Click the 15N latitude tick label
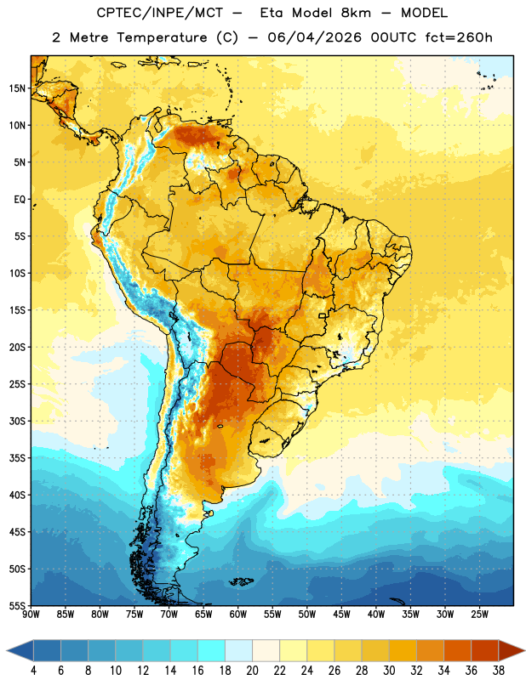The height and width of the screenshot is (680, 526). point(17,88)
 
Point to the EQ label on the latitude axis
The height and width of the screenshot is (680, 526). point(20,200)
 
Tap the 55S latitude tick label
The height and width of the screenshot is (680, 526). point(17,605)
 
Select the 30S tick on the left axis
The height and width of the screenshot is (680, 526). point(17,421)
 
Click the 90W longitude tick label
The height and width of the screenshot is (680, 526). point(31,615)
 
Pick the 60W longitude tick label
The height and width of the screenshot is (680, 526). point(238,615)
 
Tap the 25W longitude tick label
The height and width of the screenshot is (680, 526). point(479,615)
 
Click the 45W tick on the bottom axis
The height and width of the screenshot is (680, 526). point(341,615)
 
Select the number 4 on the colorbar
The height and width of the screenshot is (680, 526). point(34,671)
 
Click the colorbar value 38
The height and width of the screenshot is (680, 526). point(499,671)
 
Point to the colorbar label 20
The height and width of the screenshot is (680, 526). point(252,671)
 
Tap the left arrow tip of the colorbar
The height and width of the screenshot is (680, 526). point(7,651)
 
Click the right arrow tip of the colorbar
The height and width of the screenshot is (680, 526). point(525,651)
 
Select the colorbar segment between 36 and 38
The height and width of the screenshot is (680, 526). point(485,651)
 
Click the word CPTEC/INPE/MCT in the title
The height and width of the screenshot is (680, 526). point(160,13)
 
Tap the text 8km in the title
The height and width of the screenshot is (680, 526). point(356,13)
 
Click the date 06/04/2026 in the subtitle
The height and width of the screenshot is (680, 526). point(314,37)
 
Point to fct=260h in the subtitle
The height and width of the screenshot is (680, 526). point(459,37)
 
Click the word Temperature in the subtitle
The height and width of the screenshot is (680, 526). point(162,38)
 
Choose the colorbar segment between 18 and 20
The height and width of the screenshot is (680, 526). point(239,651)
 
